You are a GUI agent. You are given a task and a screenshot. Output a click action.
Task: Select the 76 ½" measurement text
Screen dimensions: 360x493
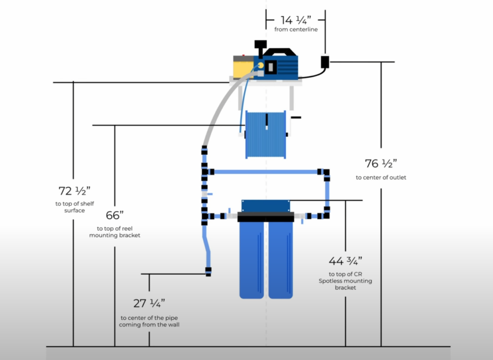click(x=380, y=163)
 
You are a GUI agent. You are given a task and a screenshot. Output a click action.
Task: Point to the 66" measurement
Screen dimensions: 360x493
click(x=115, y=216)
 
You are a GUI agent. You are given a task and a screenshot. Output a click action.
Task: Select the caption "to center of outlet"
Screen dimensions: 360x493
click(x=380, y=177)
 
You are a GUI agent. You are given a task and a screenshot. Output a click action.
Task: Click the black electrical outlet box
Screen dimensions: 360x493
click(x=326, y=61)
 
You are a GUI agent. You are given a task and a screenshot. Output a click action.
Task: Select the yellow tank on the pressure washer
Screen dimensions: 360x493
click(x=243, y=67)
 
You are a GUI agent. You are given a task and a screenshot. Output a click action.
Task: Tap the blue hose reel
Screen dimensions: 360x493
click(x=266, y=134)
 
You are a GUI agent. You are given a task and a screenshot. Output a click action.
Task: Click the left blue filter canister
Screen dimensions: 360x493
click(x=253, y=260)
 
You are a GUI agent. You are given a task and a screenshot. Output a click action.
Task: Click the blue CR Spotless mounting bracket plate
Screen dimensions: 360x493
click(x=266, y=206)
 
